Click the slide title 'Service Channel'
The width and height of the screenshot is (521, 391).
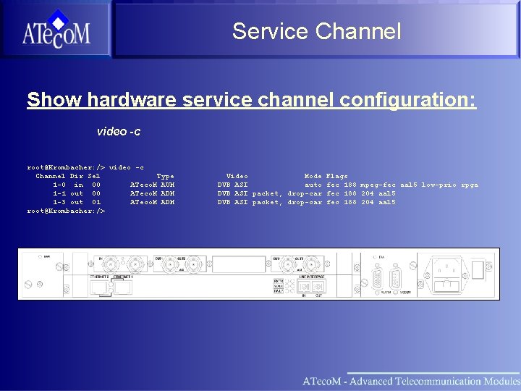[x=316, y=31]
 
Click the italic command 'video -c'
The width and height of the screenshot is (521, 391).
[x=119, y=132]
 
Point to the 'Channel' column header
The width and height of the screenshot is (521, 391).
[x=51, y=176]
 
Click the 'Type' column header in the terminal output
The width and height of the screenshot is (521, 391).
[x=165, y=176]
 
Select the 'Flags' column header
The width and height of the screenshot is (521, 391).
[x=336, y=176]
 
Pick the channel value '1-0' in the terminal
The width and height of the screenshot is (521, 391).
[x=59, y=185]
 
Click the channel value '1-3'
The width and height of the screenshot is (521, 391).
[x=59, y=202]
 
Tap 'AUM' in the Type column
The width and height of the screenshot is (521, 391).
[x=167, y=185]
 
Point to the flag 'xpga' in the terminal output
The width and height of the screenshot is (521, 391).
[x=469, y=185]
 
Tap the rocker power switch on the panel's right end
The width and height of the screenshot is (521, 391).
[x=478, y=269]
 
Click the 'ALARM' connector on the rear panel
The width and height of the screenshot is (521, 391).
[x=376, y=279]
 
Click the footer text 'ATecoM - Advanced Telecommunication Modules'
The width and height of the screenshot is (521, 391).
[x=410, y=381]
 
